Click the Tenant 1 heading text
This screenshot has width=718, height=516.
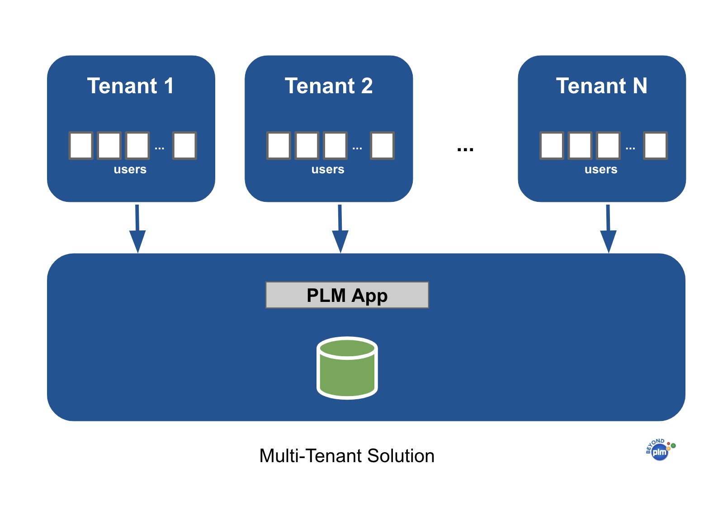[x=130, y=86]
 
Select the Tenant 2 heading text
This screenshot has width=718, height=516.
[x=329, y=86]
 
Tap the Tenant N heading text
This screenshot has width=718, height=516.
[x=601, y=86]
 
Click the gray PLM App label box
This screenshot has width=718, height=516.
[x=347, y=295]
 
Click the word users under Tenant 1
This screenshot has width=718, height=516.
[x=130, y=169]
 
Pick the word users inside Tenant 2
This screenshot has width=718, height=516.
[x=328, y=169]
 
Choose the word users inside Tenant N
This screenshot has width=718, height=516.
[x=601, y=169]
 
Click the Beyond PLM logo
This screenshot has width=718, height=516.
[x=660, y=450]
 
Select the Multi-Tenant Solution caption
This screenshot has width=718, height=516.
[x=347, y=456]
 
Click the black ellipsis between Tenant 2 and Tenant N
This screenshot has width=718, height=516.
[x=465, y=149]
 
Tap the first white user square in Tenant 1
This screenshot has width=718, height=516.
[x=81, y=146]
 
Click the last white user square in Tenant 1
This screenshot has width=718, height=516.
[x=184, y=146]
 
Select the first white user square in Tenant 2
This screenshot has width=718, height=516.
[x=279, y=146]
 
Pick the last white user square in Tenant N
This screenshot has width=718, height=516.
[x=656, y=146]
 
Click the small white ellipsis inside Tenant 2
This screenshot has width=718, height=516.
[x=357, y=148]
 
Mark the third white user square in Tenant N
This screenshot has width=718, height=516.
[x=608, y=146]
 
